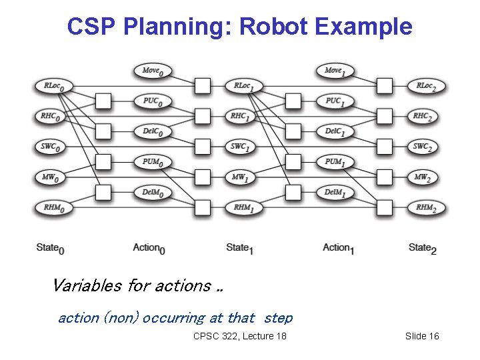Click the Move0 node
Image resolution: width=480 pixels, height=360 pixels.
click(x=153, y=71)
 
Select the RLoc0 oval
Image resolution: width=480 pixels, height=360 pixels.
click(x=54, y=86)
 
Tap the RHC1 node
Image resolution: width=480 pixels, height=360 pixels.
click(x=241, y=116)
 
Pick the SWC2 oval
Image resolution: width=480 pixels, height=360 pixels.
click(x=423, y=147)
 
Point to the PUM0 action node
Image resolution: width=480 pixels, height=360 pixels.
click(x=153, y=162)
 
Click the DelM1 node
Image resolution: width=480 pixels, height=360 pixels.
click(x=335, y=193)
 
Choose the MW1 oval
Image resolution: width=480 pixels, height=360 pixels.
click(x=241, y=177)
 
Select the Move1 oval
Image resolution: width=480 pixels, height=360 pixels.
click(x=335, y=71)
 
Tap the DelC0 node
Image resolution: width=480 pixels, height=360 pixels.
click(x=153, y=131)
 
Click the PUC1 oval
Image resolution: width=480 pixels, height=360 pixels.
click(x=335, y=101)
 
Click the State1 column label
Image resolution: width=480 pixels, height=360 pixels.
click(x=240, y=248)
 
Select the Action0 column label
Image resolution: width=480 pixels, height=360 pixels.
click(x=149, y=248)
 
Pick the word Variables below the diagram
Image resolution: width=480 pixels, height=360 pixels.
click(x=87, y=286)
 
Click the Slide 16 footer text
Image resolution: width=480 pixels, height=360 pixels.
click(x=422, y=336)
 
